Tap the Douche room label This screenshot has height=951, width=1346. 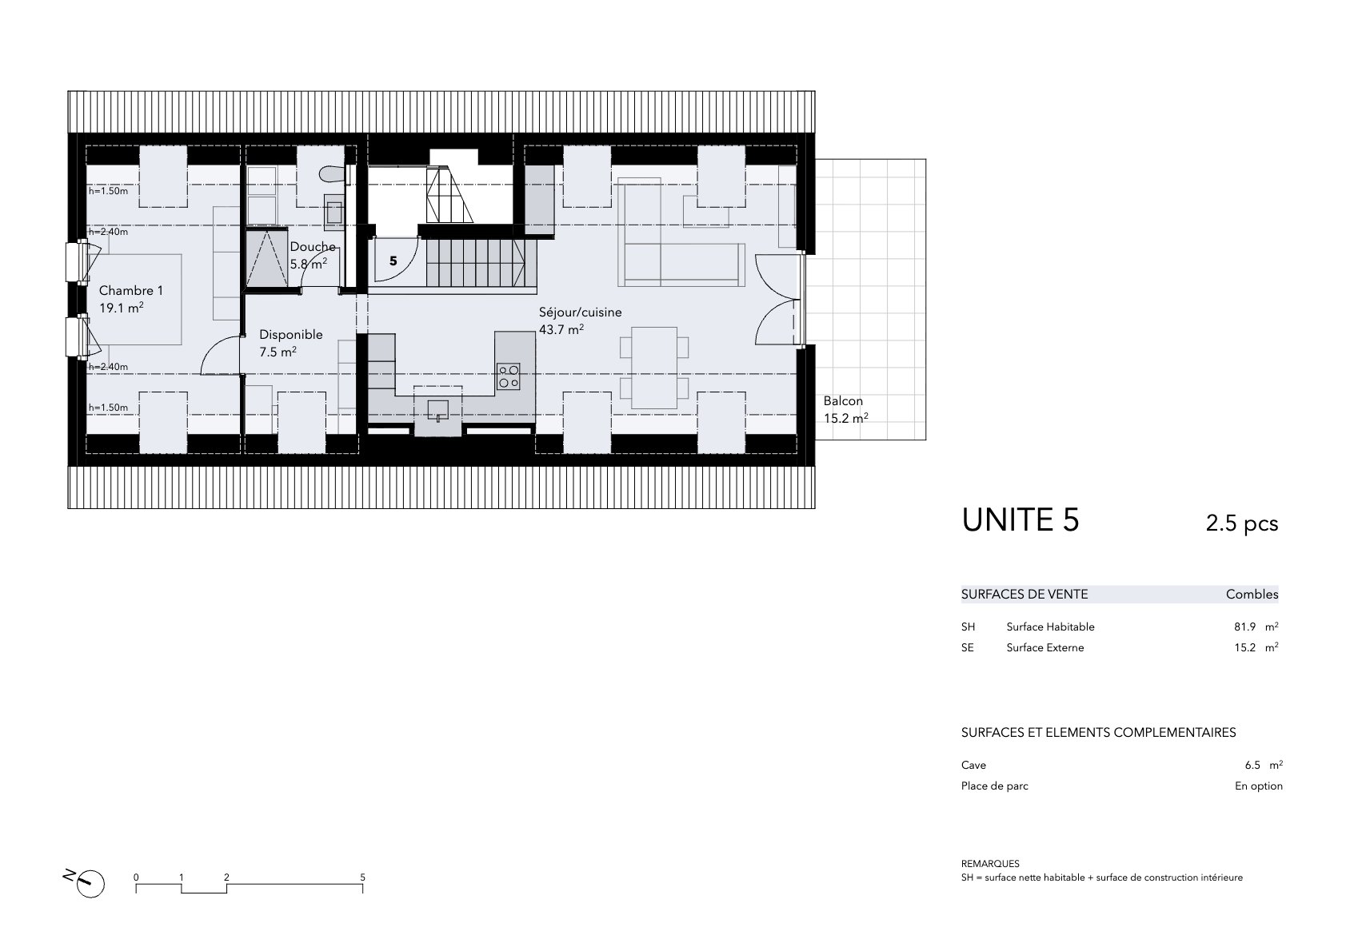(x=313, y=247)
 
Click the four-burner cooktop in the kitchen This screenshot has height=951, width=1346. (x=509, y=376)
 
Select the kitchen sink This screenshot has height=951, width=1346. (x=438, y=411)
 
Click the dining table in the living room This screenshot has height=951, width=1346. (x=654, y=368)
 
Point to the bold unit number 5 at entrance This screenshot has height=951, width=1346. (x=393, y=261)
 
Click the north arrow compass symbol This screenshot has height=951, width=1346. (x=88, y=883)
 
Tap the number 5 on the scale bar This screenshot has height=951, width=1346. (x=362, y=877)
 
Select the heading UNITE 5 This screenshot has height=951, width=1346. (x=1020, y=520)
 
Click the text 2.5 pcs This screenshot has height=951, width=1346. (x=1242, y=523)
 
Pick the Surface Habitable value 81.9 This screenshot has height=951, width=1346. (x=1245, y=627)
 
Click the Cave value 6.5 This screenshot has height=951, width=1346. (x=1252, y=766)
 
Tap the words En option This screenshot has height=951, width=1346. (x=1259, y=786)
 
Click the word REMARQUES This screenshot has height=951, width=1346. (x=990, y=864)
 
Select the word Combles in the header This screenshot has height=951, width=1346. (x=1252, y=595)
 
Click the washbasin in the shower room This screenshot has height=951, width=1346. (x=334, y=213)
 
